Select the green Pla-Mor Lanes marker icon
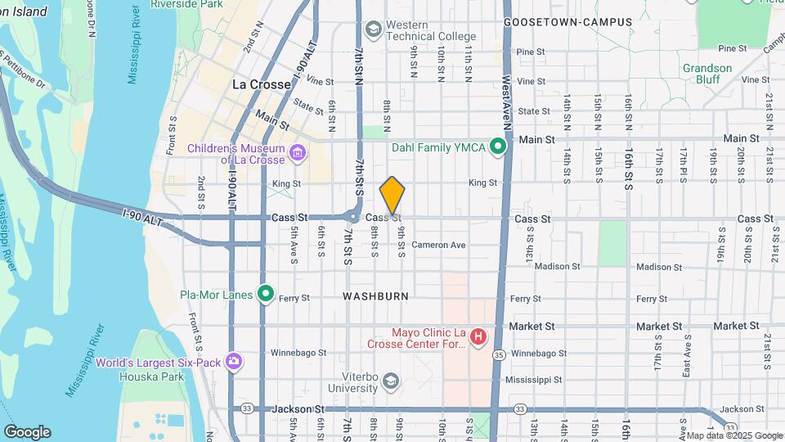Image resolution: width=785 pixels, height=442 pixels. [265, 293]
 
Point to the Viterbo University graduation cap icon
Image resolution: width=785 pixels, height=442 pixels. [392, 381]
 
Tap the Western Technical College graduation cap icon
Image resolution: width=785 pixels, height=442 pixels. [374, 30]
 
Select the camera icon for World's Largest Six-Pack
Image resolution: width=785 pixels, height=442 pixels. [235, 361]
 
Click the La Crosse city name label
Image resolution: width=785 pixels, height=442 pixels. [262, 84]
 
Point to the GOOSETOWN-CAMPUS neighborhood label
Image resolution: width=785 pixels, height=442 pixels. [568, 22]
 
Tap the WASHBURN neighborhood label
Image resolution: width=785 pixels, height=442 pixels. [375, 295]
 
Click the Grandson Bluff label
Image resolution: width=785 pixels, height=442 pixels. [708, 74]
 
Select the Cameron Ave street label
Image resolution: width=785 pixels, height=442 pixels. [438, 245]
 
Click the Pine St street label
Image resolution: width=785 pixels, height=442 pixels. [531, 52]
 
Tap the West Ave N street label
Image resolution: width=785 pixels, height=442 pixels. [507, 106]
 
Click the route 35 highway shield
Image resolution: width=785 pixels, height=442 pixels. [498, 354]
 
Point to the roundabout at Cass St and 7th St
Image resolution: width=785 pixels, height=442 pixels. [353, 217]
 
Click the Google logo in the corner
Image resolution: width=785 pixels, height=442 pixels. [27, 431]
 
